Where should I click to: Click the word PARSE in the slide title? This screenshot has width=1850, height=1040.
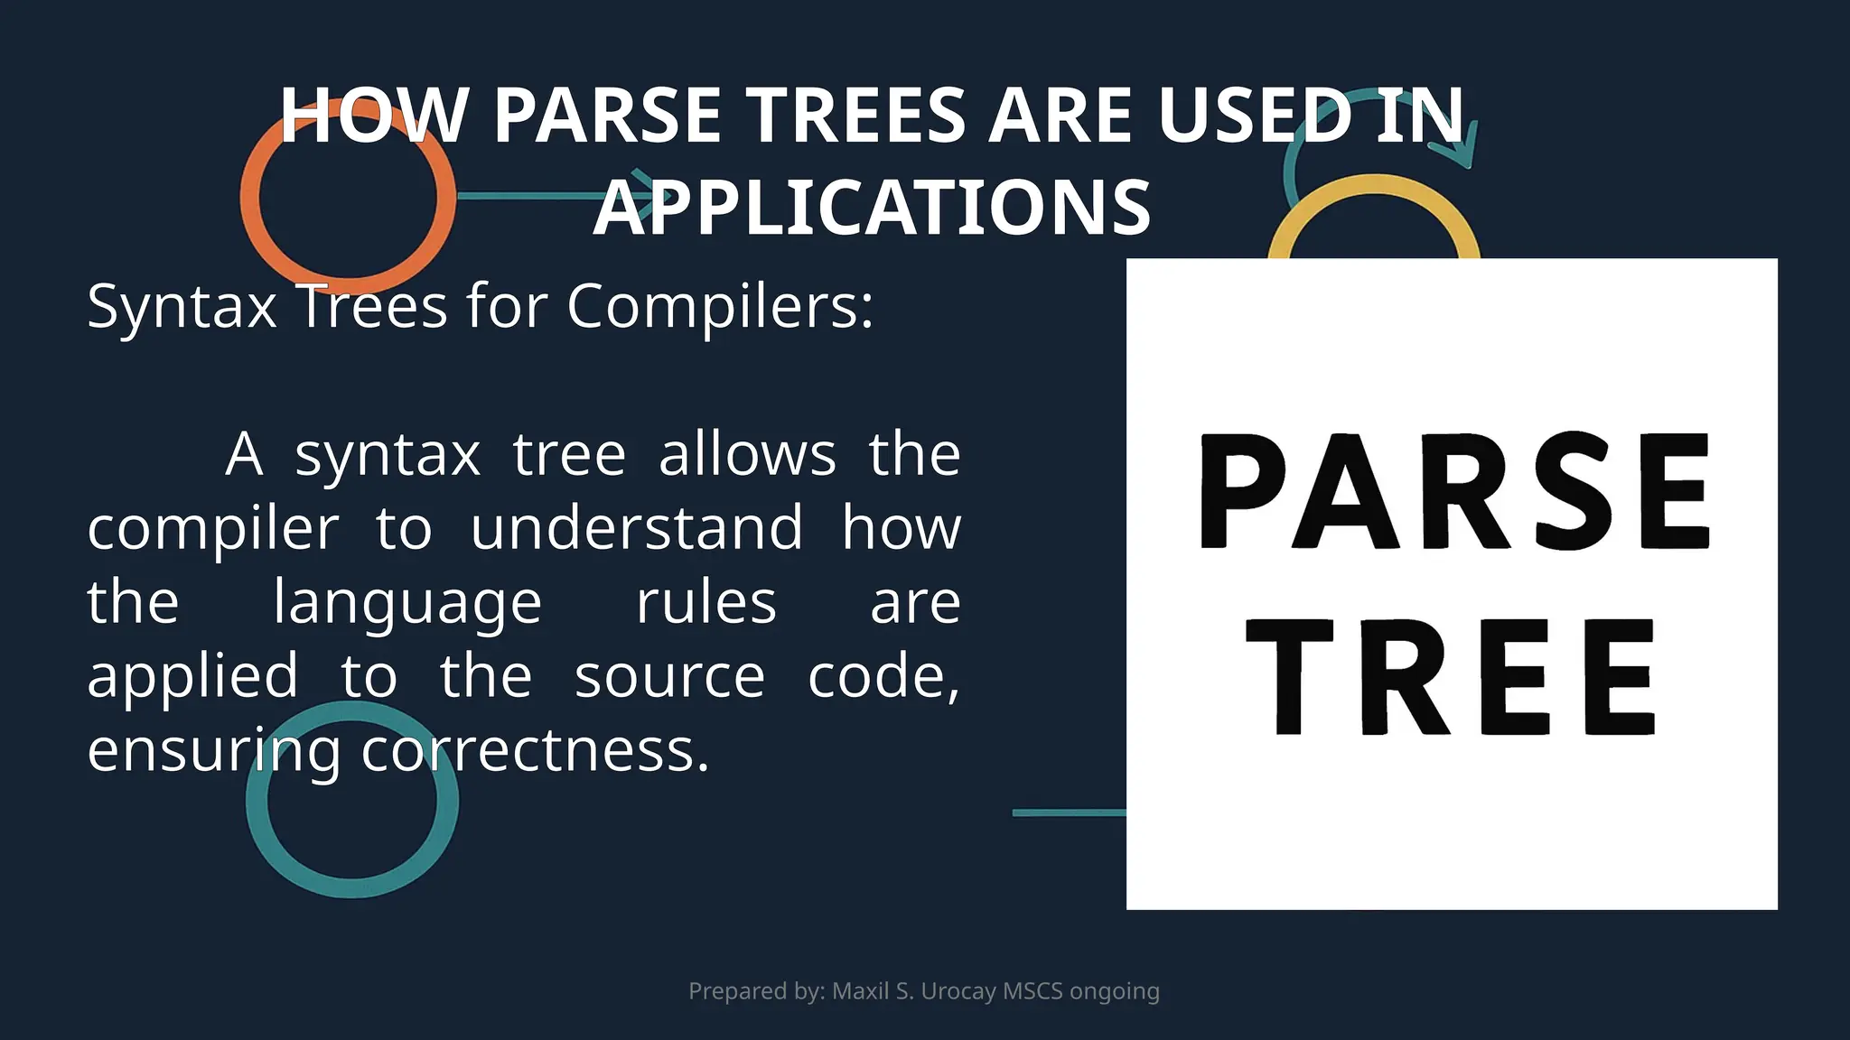[607, 116]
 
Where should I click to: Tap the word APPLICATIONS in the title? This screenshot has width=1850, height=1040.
[872, 208]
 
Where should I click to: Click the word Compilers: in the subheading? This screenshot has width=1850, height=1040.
[720, 307]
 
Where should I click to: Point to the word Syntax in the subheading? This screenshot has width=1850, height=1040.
[182, 307]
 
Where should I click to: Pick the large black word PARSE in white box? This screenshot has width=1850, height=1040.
[1454, 492]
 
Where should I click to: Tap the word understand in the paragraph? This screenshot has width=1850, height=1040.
[637, 528]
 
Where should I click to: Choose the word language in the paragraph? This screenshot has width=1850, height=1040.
[407, 603]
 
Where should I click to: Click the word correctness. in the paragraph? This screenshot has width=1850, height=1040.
[535, 751]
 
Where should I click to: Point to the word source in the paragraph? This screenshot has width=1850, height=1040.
[669, 677]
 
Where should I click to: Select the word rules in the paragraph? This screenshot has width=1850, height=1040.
[705, 603]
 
